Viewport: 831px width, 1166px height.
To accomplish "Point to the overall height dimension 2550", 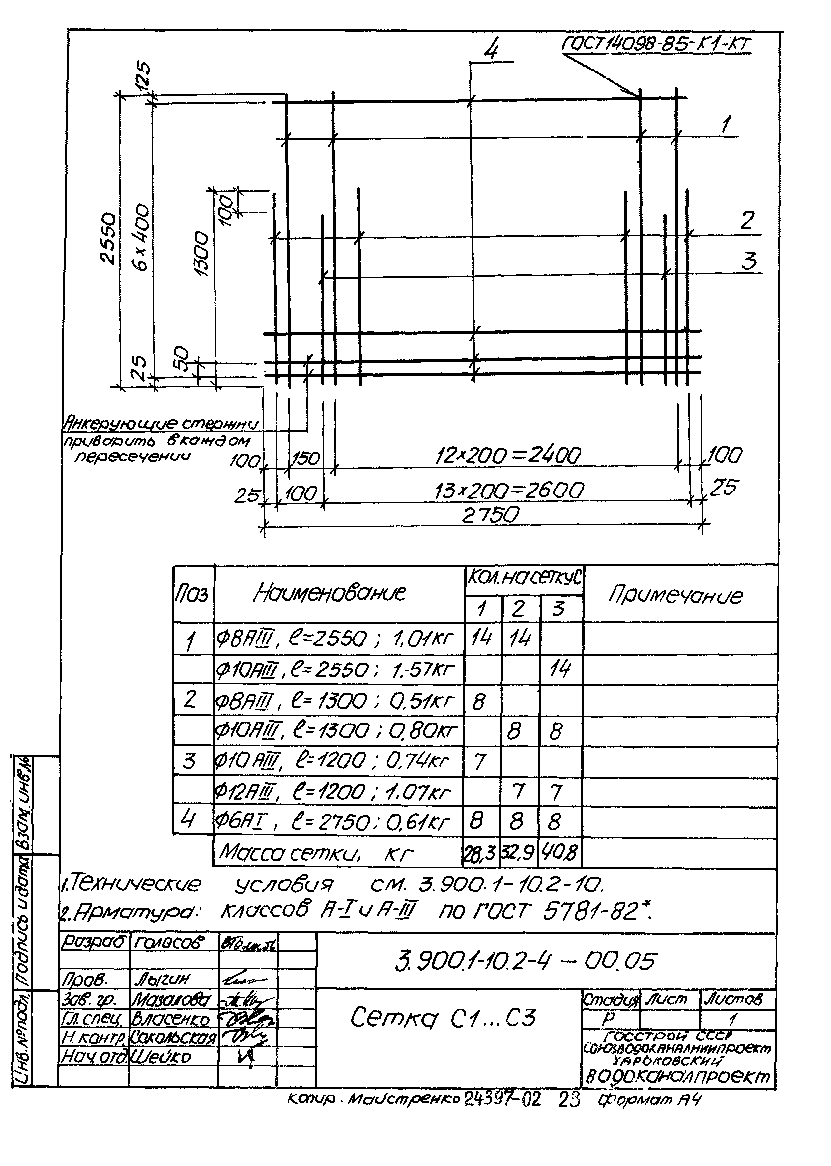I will [108, 238].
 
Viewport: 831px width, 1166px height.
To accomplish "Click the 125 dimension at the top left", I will [143, 76].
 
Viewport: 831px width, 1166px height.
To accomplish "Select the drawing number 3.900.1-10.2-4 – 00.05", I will [525, 961].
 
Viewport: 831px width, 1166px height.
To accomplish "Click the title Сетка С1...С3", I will [443, 1017].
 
